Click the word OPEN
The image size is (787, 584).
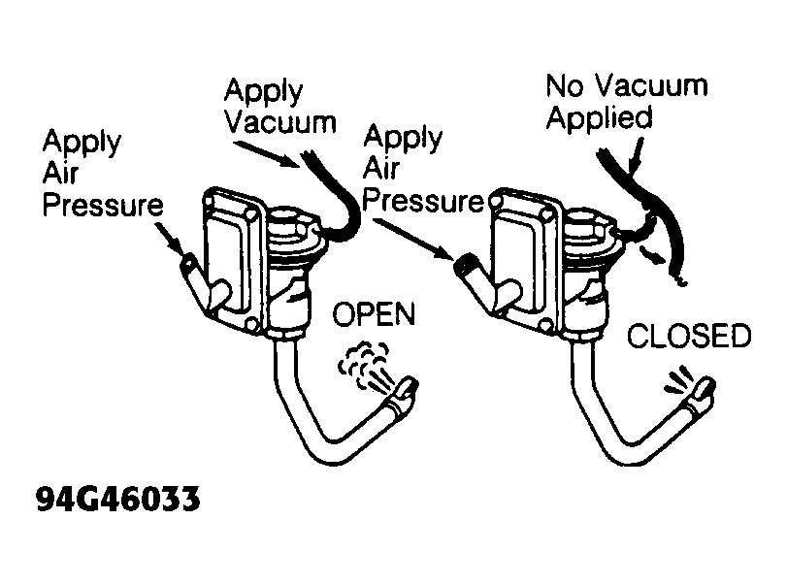(x=374, y=314)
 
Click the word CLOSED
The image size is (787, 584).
(x=689, y=336)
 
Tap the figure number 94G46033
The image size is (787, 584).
(x=118, y=500)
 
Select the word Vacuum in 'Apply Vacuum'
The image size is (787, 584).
(x=280, y=122)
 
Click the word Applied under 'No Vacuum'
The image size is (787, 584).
(x=600, y=118)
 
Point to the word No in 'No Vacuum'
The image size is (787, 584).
(x=565, y=85)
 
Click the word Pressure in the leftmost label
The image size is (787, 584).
(x=103, y=205)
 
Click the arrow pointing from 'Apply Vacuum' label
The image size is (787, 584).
(x=266, y=153)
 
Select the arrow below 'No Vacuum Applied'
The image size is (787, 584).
(x=637, y=155)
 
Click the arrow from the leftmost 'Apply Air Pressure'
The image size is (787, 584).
(x=169, y=238)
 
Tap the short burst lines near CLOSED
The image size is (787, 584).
(x=678, y=380)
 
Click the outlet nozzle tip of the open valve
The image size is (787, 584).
(x=410, y=385)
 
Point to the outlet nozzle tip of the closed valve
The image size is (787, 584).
(x=705, y=386)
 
